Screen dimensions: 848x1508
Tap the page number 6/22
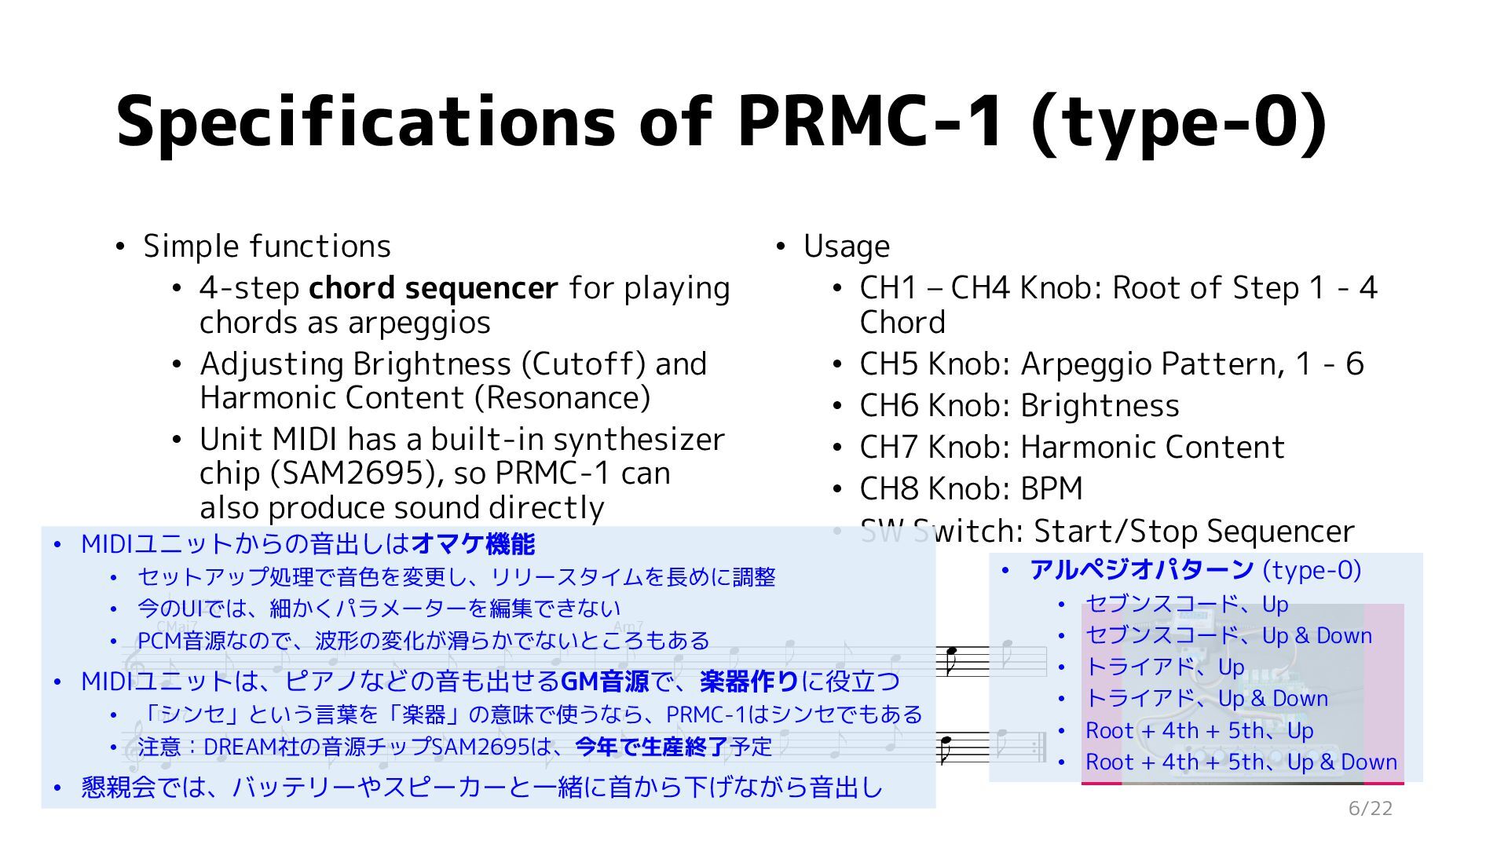[x=1370, y=809]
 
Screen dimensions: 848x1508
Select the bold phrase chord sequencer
[x=433, y=288]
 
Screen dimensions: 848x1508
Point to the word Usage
[x=846, y=247]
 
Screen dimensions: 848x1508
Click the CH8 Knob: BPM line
[x=971, y=489]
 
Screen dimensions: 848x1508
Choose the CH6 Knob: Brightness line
[x=1019, y=406]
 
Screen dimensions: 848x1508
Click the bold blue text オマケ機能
[x=473, y=544]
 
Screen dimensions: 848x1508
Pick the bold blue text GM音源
[x=604, y=682]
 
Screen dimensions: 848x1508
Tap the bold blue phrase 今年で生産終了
[x=651, y=747]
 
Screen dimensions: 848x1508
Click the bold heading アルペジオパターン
[x=1141, y=570]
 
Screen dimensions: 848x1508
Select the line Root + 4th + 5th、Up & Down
[x=1241, y=762]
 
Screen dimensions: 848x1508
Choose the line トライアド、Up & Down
[x=1206, y=699]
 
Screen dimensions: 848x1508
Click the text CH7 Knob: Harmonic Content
[x=1071, y=448]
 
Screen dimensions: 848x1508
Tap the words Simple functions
[x=267, y=247]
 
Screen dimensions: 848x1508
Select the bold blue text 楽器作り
[x=749, y=682]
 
